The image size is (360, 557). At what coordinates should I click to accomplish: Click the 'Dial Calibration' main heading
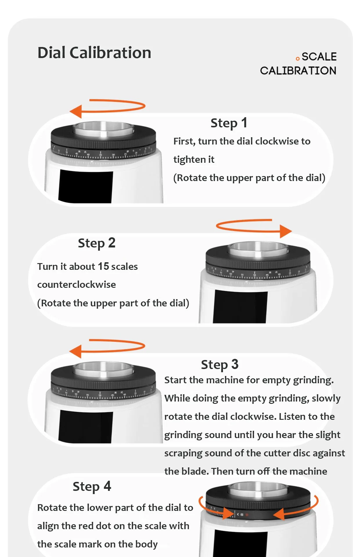(x=94, y=53)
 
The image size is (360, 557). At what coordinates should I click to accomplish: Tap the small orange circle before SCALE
(x=297, y=59)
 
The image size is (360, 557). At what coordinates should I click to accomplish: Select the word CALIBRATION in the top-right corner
(x=298, y=70)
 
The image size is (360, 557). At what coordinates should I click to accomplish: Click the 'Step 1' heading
(x=229, y=123)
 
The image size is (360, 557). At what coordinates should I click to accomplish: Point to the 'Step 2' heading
(x=97, y=243)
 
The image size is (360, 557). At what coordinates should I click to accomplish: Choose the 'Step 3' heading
(x=219, y=365)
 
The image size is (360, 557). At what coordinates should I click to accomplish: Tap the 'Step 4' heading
(x=92, y=487)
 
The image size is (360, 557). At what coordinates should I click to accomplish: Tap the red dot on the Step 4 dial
(x=247, y=515)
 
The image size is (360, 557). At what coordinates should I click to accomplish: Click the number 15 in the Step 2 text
(x=103, y=266)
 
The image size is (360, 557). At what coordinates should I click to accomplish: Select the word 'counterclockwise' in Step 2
(x=76, y=285)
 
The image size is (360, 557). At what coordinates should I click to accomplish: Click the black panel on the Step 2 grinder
(x=240, y=307)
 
